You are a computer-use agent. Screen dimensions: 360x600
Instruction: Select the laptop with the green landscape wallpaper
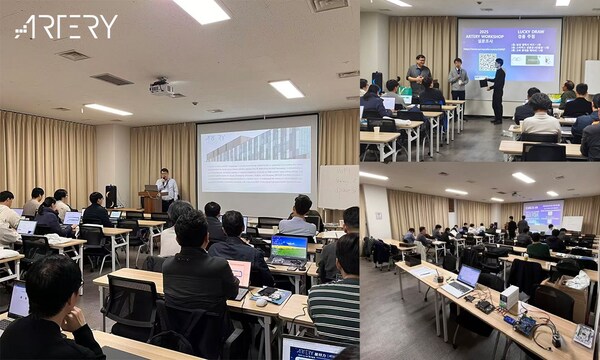click(x=289, y=248)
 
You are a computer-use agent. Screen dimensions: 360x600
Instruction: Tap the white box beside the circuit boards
click(x=509, y=297)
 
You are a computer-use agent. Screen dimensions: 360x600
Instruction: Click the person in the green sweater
click(x=539, y=247)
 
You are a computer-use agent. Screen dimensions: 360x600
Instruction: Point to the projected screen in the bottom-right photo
click(x=542, y=212)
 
